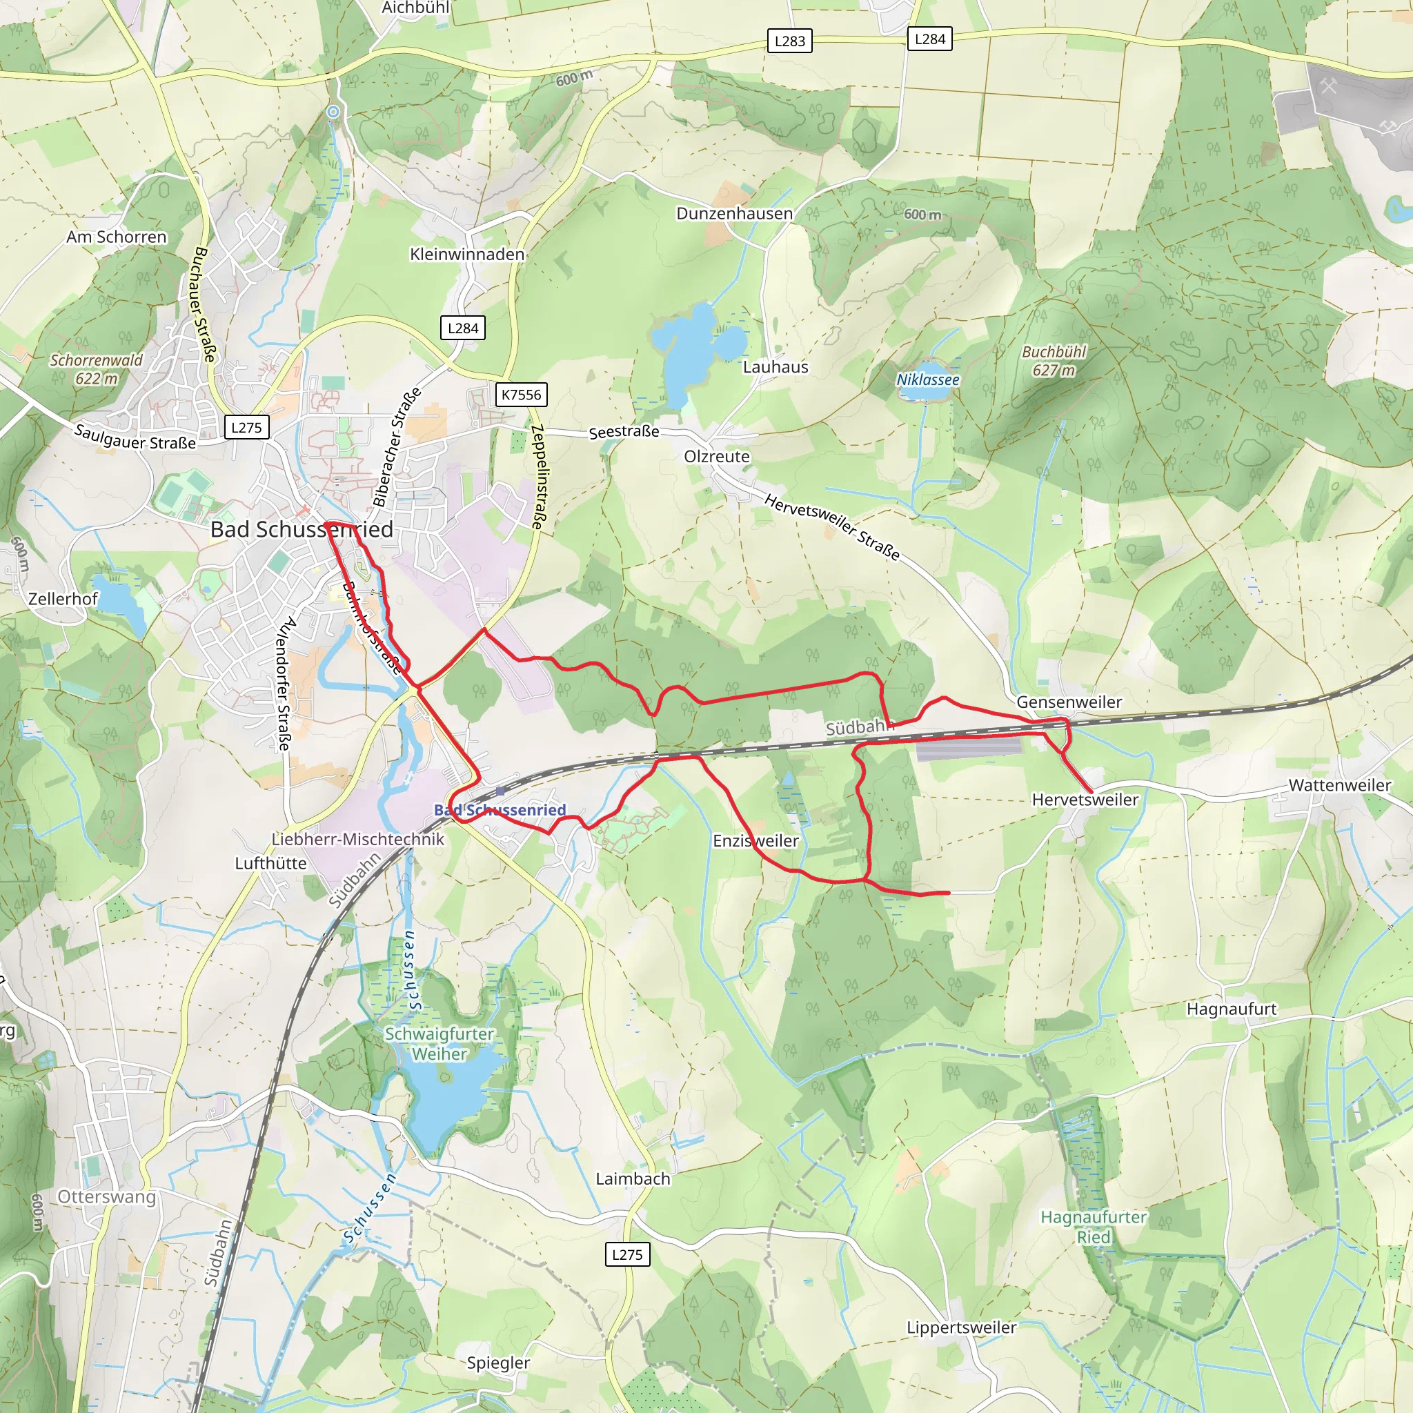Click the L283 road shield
click(x=789, y=41)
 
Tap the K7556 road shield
click(x=521, y=395)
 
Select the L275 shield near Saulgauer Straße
click(x=246, y=428)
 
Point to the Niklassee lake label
click(x=927, y=379)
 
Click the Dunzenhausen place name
click(x=734, y=214)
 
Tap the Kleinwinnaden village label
click(x=467, y=255)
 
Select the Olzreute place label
click(x=717, y=456)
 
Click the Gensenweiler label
click(x=1069, y=702)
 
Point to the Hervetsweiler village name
click(x=1085, y=800)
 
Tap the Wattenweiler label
click(x=1339, y=784)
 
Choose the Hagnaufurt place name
click(x=1231, y=1009)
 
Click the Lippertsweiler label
click(x=961, y=1327)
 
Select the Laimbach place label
click(x=633, y=1178)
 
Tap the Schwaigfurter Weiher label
click(x=439, y=1044)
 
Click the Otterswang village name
click(x=107, y=1196)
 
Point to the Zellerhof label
click(x=63, y=599)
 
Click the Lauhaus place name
click(x=775, y=367)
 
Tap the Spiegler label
click(x=498, y=1363)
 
